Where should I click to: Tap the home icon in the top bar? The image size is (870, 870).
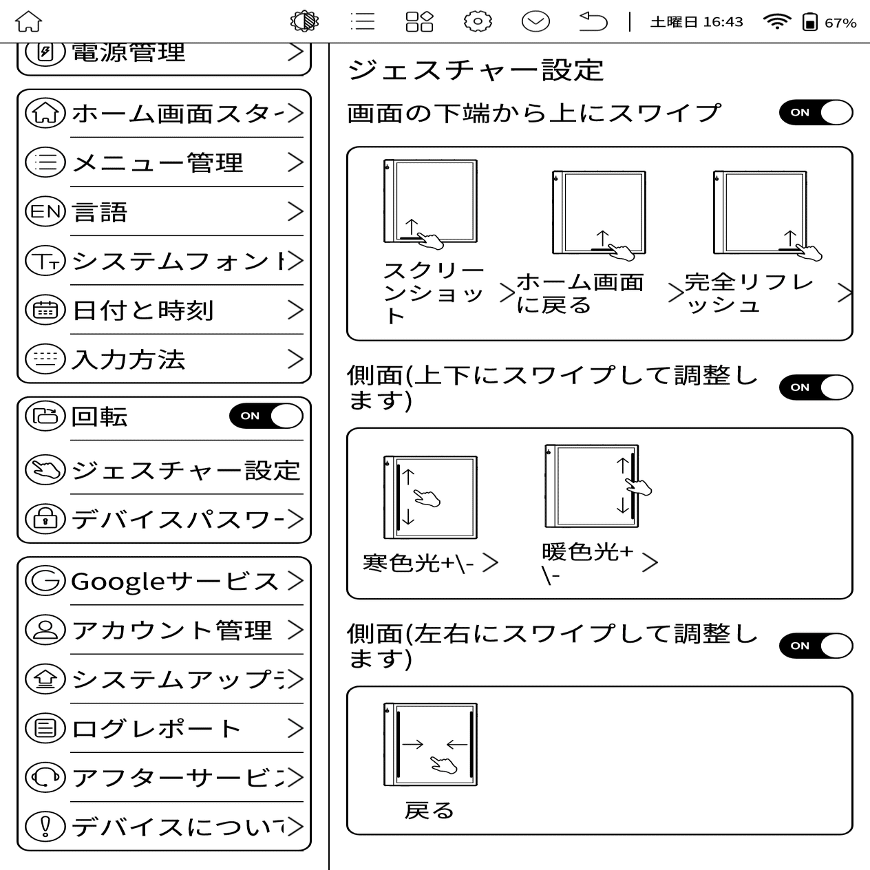29,22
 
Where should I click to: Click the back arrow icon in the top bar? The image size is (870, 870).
593,22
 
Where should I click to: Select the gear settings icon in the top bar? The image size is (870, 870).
478,22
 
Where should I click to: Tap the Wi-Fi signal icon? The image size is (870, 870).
776,22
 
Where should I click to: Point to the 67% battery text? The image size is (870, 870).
840,23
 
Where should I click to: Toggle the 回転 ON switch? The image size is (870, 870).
266,416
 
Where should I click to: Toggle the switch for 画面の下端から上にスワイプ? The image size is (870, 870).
816,113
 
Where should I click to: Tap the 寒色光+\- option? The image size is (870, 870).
418,563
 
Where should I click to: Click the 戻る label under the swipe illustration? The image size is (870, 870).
429,811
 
